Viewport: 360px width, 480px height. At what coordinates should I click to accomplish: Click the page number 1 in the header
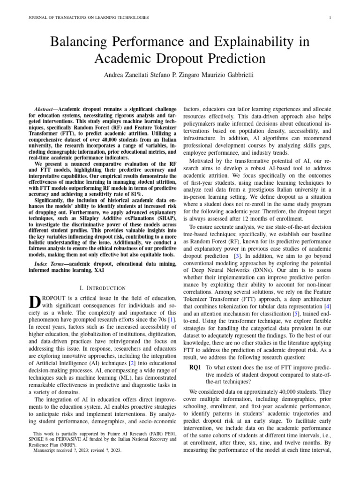tap(330, 18)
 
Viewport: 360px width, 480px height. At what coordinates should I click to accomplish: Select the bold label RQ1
tap(197, 367)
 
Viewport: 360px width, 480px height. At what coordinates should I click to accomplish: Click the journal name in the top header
tap(89, 18)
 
